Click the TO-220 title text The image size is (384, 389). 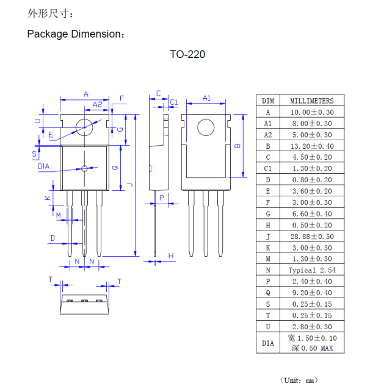[187, 54]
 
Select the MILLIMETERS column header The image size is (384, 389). [311, 101]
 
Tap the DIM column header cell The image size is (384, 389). [268, 101]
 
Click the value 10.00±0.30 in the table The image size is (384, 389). [311, 112]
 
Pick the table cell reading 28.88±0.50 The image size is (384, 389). [311, 236]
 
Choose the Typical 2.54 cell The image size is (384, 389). [311, 269]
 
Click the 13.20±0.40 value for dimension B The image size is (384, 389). [311, 146]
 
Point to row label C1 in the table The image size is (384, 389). [268, 168]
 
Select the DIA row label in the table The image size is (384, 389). [268, 343]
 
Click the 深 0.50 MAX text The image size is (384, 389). [311, 348]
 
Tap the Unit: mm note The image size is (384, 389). [299, 380]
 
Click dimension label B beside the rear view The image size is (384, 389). [239, 146]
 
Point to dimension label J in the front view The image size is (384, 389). [130, 185]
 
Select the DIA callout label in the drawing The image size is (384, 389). [44, 166]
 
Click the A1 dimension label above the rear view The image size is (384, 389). [206, 98]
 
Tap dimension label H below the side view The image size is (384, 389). [171, 255]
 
